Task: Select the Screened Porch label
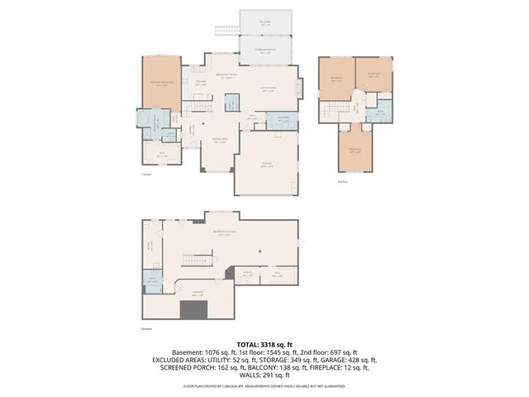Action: (x=264, y=51)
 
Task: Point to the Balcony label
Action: (x=264, y=24)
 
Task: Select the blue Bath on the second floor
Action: (x=379, y=113)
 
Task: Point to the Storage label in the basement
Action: (x=198, y=294)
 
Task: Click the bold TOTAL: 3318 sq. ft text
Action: (x=264, y=343)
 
